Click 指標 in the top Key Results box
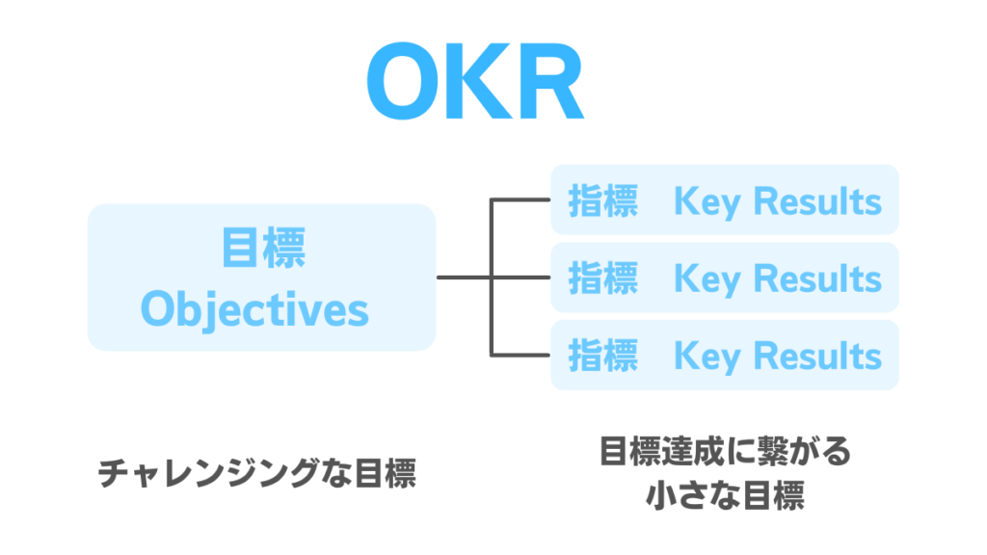[x=602, y=201]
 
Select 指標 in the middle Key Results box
[x=602, y=278]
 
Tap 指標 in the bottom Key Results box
[x=602, y=356]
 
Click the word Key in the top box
[x=707, y=202]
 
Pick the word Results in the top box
[x=817, y=201]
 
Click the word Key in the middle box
[x=707, y=279]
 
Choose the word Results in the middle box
[x=817, y=278]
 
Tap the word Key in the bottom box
[x=707, y=357]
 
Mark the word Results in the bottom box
[x=817, y=356]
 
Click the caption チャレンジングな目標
[x=257, y=474]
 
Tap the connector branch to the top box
[x=520, y=200]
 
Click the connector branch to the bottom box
[x=520, y=355]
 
